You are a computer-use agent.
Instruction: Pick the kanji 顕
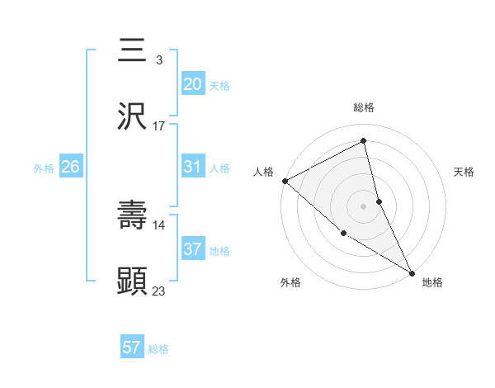[133, 281]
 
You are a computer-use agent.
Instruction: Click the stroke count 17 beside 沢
[159, 126]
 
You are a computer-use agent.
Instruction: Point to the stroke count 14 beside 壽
[159, 225]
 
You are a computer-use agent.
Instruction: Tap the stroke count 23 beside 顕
[159, 291]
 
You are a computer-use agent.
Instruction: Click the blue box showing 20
[193, 83]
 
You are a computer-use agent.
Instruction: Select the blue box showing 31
[193, 167]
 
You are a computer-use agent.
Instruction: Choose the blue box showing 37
[193, 249]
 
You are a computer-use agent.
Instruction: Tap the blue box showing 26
[70, 167]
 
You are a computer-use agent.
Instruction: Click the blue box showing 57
[132, 348]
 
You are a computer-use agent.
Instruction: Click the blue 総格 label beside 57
[158, 349]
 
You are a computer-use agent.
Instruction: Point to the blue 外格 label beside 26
[44, 168]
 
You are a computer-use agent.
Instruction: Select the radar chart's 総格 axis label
[364, 107]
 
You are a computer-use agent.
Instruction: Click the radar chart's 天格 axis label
[464, 172]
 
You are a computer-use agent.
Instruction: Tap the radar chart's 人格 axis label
[263, 172]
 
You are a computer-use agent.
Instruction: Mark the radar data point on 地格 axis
[412, 272]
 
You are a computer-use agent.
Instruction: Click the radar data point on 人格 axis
[285, 181]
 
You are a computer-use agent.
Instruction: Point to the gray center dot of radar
[364, 206]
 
